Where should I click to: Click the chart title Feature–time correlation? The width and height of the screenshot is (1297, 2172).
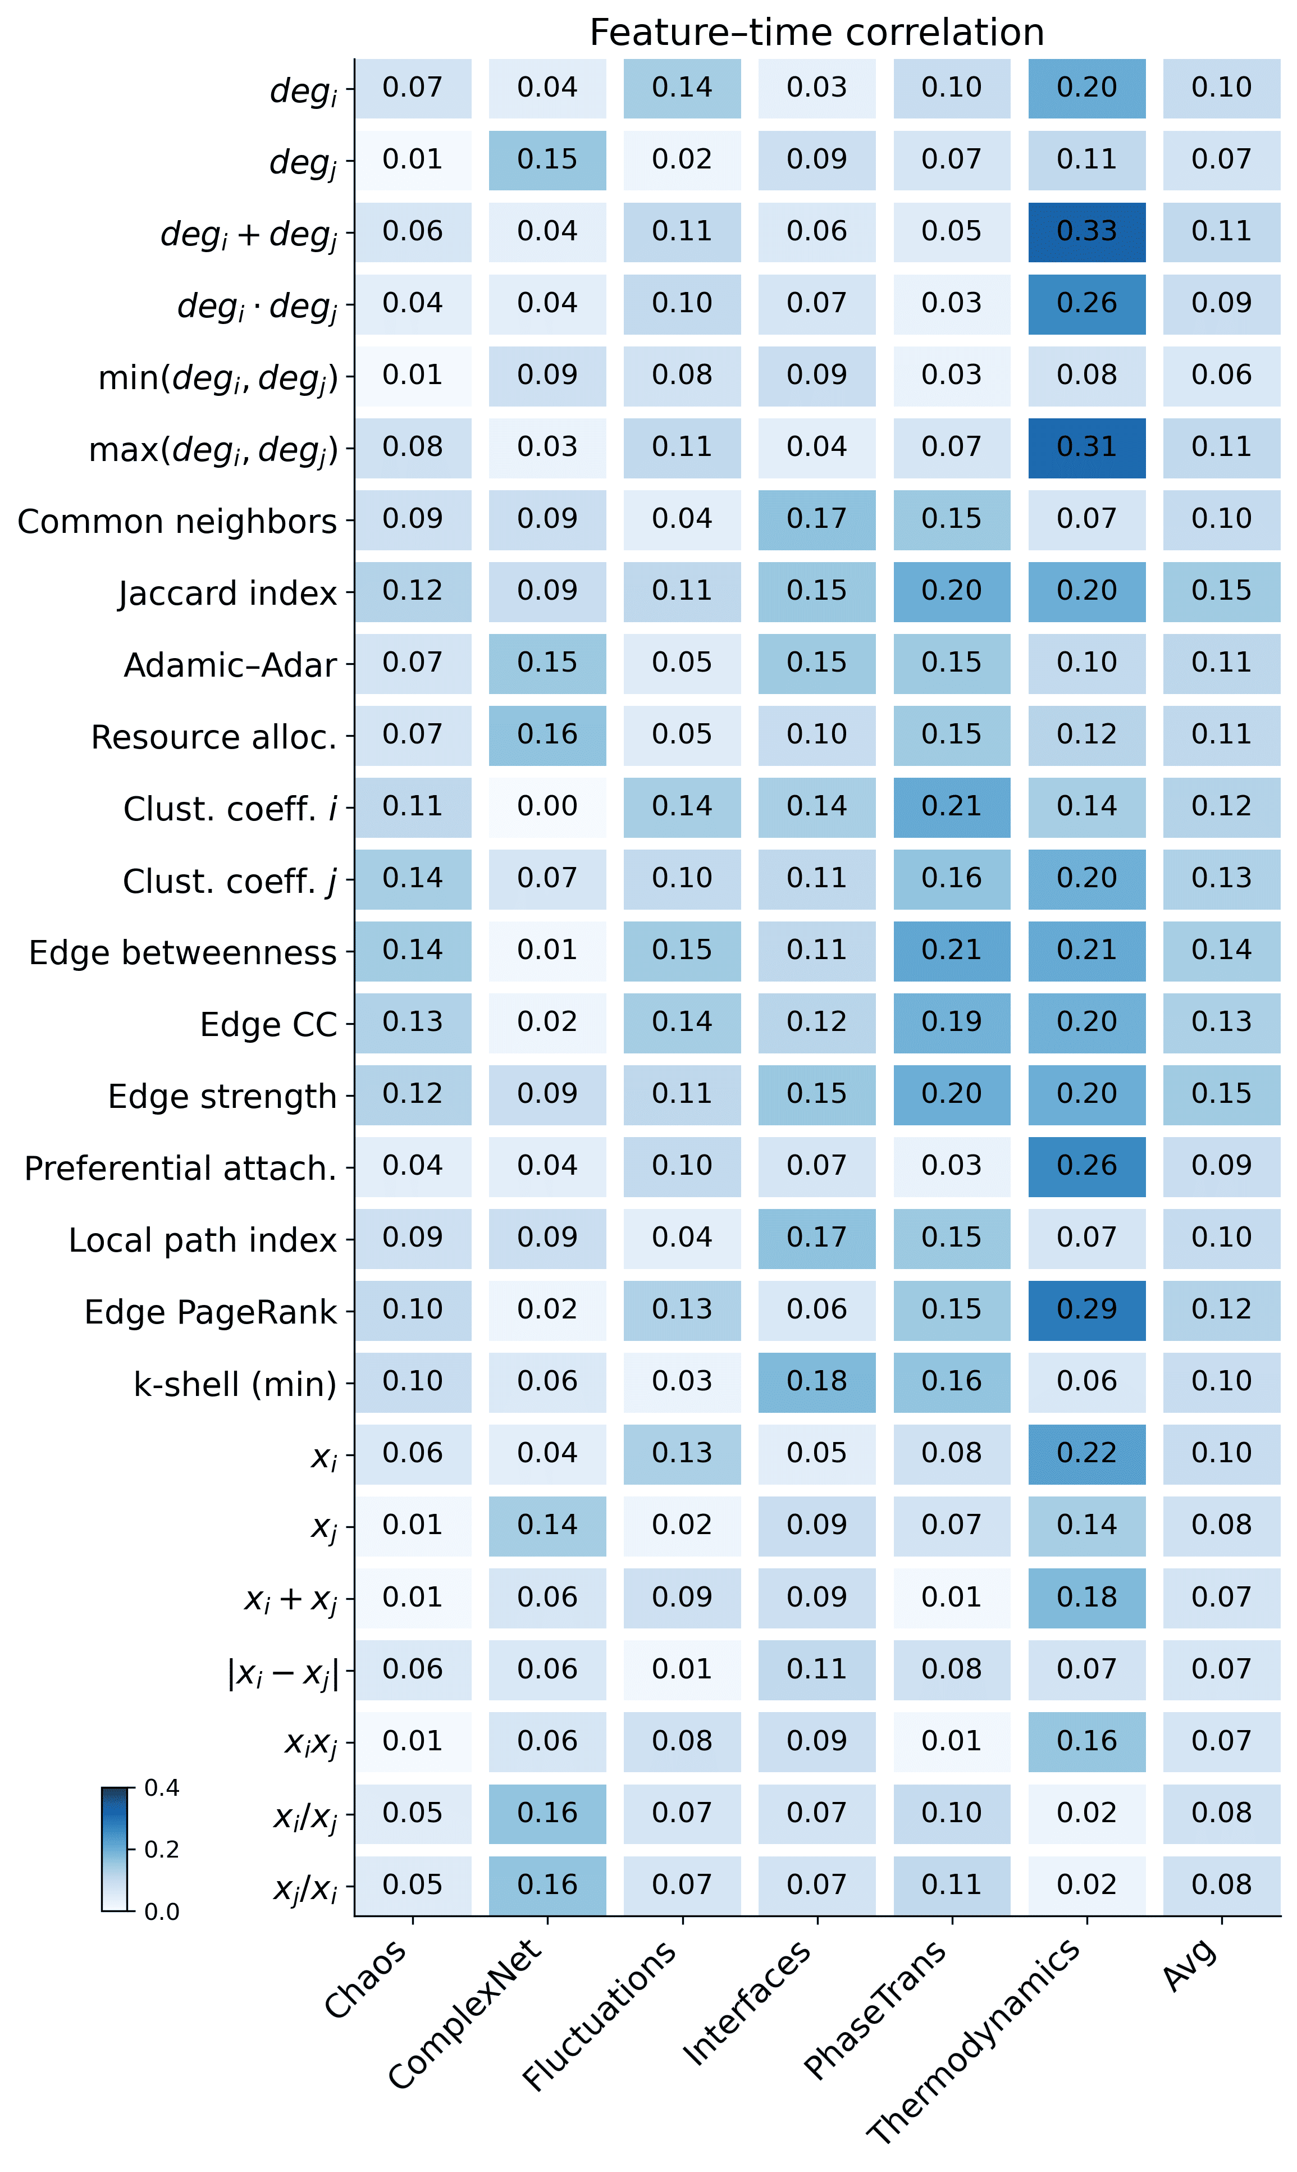point(816,33)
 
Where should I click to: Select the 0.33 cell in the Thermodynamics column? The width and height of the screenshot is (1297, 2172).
point(1086,231)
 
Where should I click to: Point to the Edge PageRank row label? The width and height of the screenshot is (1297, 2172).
point(210,1312)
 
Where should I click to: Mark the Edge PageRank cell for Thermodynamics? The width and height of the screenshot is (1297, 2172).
point(1086,1310)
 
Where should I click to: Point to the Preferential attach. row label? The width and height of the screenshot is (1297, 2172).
point(180,1169)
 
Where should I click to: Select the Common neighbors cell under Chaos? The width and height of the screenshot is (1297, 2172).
point(413,519)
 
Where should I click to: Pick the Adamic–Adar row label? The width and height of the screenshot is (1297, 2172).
point(230,665)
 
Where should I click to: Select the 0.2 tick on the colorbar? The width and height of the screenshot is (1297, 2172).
point(162,1850)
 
